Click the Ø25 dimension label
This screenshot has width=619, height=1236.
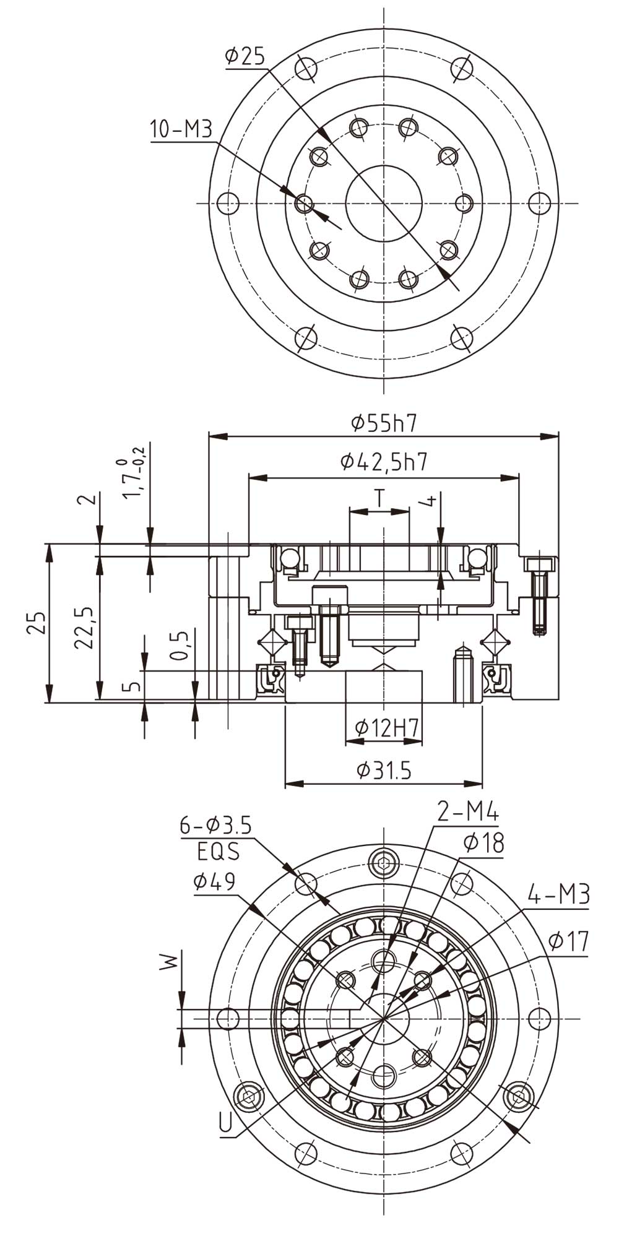pyautogui.click(x=245, y=56)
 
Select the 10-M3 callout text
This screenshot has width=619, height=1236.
pyautogui.click(x=181, y=130)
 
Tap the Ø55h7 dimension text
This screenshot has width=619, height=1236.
pyautogui.click(x=384, y=423)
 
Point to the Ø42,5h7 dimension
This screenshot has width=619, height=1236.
pyautogui.click(x=384, y=461)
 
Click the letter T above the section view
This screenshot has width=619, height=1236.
pyautogui.click(x=379, y=497)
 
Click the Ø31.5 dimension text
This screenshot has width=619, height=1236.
pyautogui.click(x=384, y=770)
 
